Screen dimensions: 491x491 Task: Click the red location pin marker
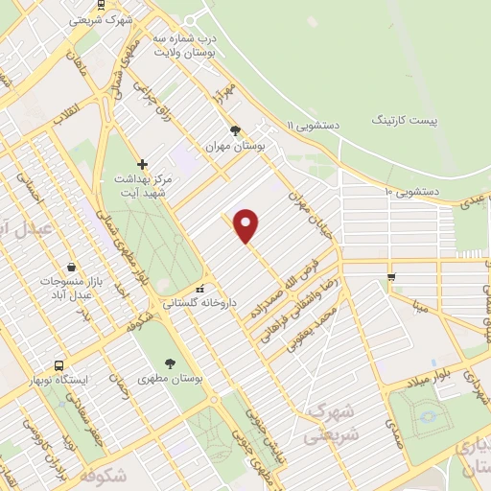click(x=246, y=224)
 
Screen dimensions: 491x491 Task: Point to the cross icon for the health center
click(x=143, y=164)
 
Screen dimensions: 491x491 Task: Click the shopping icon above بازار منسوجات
click(x=72, y=267)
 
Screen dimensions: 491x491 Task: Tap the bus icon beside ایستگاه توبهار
click(x=59, y=366)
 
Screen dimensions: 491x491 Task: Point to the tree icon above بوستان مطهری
click(x=171, y=363)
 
